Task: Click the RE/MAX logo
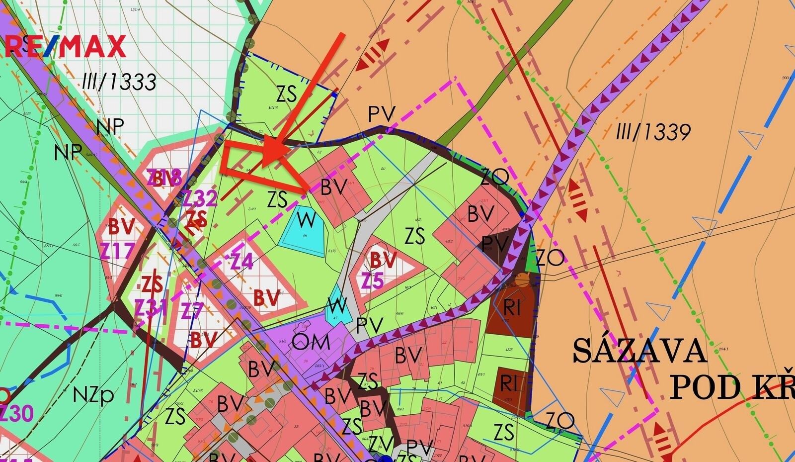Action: tap(65, 47)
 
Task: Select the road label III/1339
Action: tap(653, 132)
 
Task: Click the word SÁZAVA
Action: tap(639, 351)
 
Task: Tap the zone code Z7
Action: tap(193, 312)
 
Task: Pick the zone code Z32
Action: tap(199, 198)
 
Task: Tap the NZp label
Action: tap(93, 395)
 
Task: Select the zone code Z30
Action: tap(16, 414)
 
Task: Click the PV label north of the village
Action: tap(381, 115)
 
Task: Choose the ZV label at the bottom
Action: tap(381, 444)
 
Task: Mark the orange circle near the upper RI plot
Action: tap(522, 281)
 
